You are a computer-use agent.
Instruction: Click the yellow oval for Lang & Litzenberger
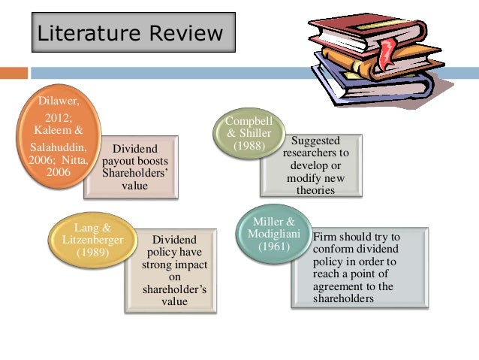pyautogui.click(x=86, y=240)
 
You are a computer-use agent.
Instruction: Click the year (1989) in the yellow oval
pyautogui.click(x=86, y=253)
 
